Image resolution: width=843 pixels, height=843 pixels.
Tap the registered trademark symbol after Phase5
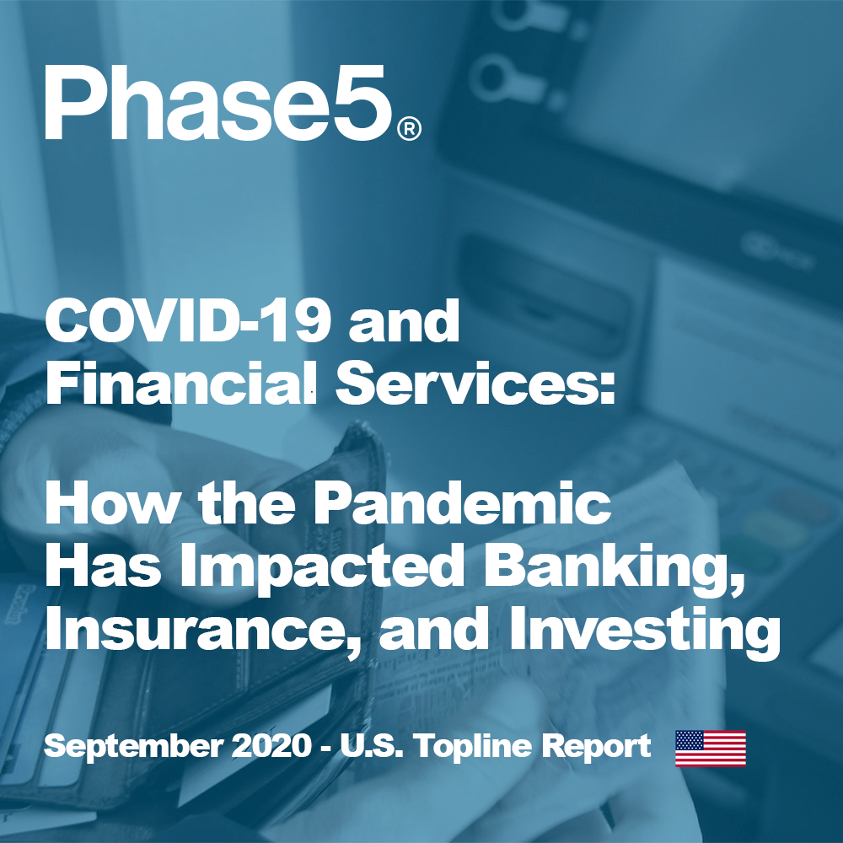409,130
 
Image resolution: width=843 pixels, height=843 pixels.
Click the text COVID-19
188,321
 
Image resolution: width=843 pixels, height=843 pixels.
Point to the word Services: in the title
475,382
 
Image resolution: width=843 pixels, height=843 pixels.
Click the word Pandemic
462,503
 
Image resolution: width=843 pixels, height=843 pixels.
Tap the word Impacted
321,566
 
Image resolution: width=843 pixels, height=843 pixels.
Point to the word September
133,747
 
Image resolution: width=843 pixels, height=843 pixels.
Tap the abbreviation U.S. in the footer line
372,746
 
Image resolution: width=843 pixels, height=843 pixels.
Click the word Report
596,747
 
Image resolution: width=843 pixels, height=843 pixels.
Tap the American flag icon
711,749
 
